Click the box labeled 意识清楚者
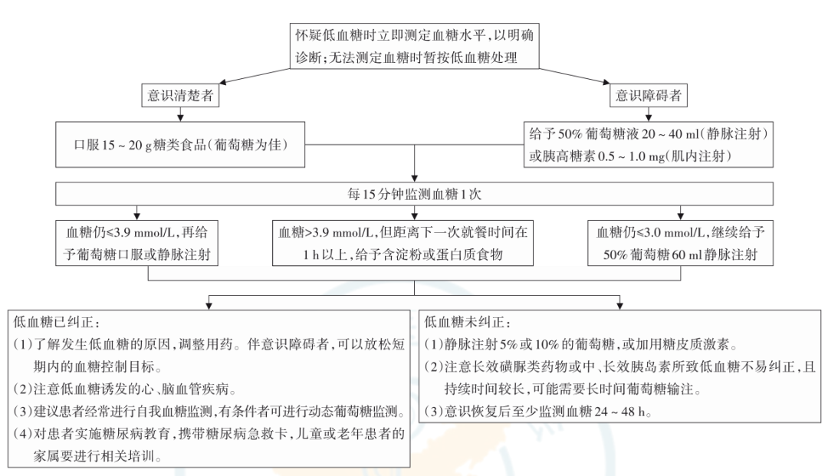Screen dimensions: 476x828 click(179, 97)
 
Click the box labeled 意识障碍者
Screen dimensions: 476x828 click(647, 97)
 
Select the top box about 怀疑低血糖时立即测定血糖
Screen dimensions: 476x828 click(414, 44)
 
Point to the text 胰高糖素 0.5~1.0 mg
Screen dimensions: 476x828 click(605, 156)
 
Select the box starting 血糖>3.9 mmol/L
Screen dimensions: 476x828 click(414, 242)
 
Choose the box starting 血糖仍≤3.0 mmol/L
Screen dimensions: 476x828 click(679, 242)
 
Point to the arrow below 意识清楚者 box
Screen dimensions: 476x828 click(179, 114)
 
